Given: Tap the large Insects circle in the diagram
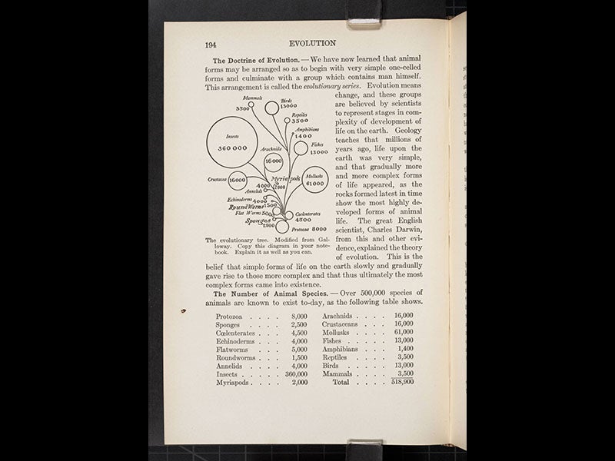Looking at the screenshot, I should pyautogui.click(x=232, y=144).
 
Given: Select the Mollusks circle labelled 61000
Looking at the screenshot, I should pyautogui.click(x=314, y=180).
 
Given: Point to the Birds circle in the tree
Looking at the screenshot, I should pyautogui.click(x=271, y=108).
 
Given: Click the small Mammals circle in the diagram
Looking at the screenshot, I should pyautogui.click(x=251, y=104).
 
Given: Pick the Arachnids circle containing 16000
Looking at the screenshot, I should pyautogui.click(x=274, y=162).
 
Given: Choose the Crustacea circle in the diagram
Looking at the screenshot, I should pyautogui.click(x=238, y=180).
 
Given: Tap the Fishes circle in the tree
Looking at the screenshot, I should pyautogui.click(x=301, y=148).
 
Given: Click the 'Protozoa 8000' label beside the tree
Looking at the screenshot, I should pyautogui.click(x=307, y=228).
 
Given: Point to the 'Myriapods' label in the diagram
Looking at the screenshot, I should pyautogui.click(x=285, y=178).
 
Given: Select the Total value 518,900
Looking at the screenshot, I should pyautogui.click(x=401, y=381).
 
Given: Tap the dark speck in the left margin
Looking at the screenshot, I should pyautogui.click(x=183, y=311).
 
